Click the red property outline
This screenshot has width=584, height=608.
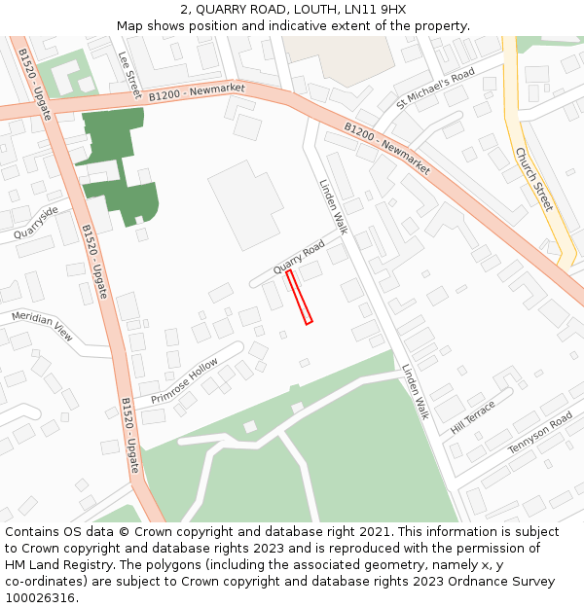299,297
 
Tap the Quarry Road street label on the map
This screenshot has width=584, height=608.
298,256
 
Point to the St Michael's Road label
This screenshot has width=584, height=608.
434,89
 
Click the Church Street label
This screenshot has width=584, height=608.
533,179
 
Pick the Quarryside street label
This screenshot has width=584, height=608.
36,223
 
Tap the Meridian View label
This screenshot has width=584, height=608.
42,326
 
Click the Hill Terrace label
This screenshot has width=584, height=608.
473,416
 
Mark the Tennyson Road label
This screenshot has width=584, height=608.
540,434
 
